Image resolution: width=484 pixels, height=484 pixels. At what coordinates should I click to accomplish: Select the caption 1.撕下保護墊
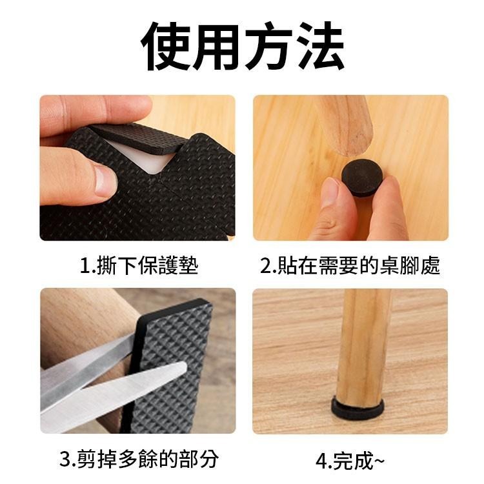(138, 265)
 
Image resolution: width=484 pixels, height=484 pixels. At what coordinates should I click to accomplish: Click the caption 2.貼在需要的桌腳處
(350, 265)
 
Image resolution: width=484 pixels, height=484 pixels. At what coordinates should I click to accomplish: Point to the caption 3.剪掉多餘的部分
(139, 459)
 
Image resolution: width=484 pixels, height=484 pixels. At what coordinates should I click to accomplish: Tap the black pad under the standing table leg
(357, 407)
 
